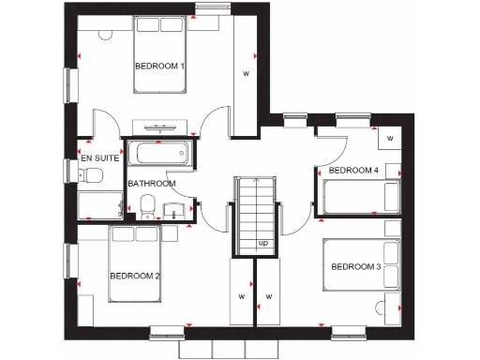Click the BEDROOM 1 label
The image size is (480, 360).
pos(159,67)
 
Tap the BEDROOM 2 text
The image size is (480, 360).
pos(135,276)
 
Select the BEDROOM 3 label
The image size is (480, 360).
pos(355,268)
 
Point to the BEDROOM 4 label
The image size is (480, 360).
pos(353,171)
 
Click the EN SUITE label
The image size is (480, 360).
pos(99,159)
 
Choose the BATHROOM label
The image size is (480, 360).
pos(152,184)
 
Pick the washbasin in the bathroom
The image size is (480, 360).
pos(172,208)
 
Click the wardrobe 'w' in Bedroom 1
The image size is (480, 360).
pos(247,72)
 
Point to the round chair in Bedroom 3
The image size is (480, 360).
pos(381,308)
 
